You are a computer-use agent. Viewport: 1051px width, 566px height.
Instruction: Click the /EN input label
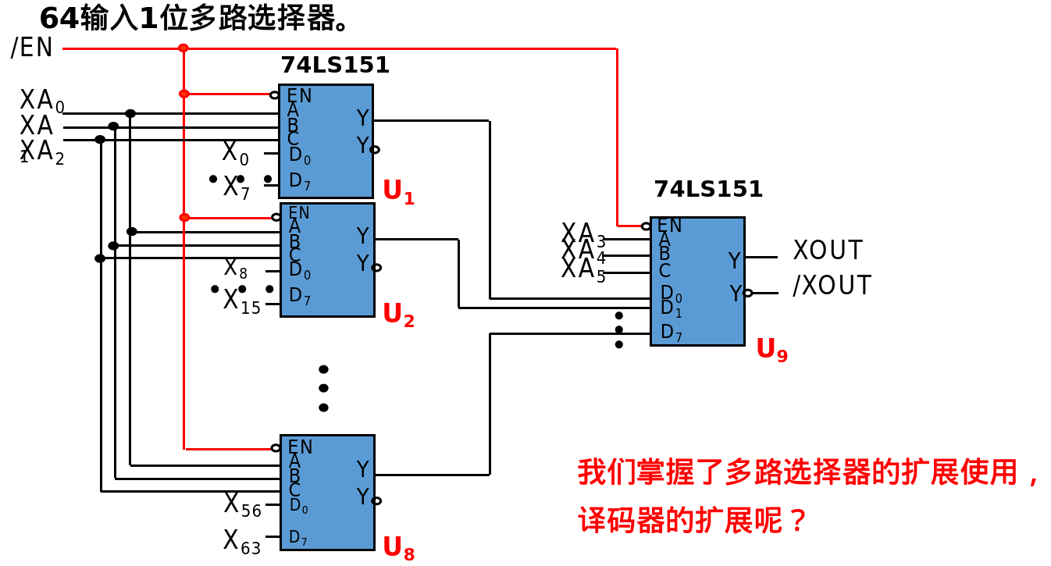click(32, 48)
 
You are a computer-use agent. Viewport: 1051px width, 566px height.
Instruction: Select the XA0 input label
click(41, 101)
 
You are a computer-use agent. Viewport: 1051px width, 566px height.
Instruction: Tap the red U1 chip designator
click(398, 191)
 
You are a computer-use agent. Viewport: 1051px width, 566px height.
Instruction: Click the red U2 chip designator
click(398, 315)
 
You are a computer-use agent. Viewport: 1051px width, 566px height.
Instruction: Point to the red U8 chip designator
click(398, 548)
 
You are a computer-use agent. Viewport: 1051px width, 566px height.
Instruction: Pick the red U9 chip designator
click(771, 350)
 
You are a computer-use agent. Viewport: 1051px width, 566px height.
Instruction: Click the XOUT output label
click(828, 251)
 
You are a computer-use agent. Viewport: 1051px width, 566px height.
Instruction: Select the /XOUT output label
click(832, 286)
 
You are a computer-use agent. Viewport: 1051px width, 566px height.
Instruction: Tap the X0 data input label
click(235, 153)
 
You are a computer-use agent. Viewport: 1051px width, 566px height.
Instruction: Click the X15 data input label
click(241, 301)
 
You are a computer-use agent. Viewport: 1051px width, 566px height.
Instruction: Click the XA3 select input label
click(583, 233)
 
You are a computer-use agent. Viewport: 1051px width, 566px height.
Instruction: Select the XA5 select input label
click(583, 270)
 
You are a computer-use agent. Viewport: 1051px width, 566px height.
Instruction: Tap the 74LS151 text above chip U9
click(708, 190)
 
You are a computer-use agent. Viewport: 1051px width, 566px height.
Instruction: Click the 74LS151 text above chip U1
click(335, 66)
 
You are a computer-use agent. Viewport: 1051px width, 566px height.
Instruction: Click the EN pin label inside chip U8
click(300, 447)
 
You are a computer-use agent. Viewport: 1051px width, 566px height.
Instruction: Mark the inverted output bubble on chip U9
click(748, 293)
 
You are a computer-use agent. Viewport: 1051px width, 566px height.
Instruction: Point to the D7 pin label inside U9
click(672, 333)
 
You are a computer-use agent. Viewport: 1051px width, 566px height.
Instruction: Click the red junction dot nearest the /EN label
click(183, 48)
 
